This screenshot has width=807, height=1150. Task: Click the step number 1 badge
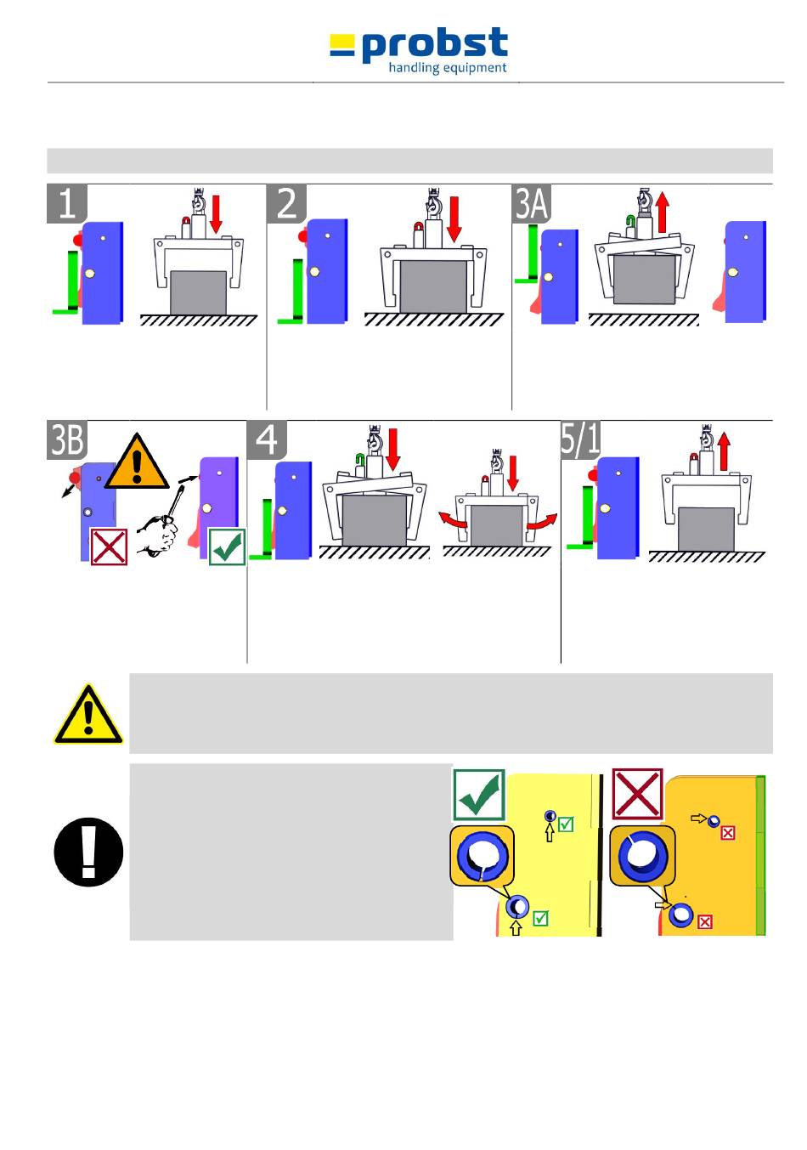pos(67,204)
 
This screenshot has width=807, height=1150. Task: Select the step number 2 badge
pos(288,204)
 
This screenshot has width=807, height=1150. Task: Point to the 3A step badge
pos(533,204)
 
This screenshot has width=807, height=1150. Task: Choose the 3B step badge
pos(67,440)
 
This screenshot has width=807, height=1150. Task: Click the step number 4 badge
pos(267,440)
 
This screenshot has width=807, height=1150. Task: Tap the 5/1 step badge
pos(580,440)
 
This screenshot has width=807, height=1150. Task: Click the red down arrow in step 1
pos(216,213)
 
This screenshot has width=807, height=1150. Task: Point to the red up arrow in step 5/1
pos(724,450)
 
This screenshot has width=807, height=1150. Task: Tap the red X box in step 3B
pos(109,547)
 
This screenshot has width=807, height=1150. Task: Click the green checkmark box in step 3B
pos(227,547)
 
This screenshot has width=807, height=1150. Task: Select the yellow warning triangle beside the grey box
pos(87,715)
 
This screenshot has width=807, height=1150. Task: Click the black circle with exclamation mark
pos(88,852)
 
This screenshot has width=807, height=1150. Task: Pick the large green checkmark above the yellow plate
pos(479,795)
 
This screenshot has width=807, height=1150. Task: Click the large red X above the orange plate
pos(637,795)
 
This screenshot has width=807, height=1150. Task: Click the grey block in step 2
pos(433,286)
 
